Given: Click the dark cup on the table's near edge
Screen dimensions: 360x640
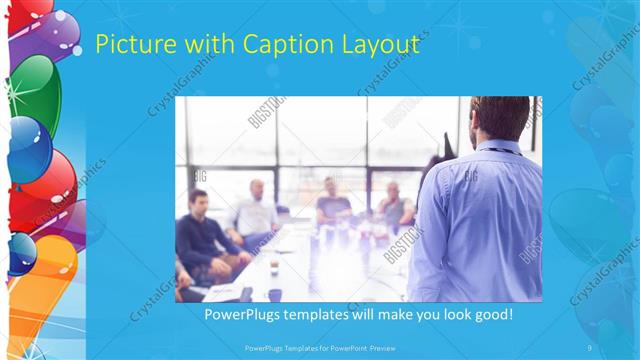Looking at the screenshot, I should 274,294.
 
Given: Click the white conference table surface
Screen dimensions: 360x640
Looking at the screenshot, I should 300,265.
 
